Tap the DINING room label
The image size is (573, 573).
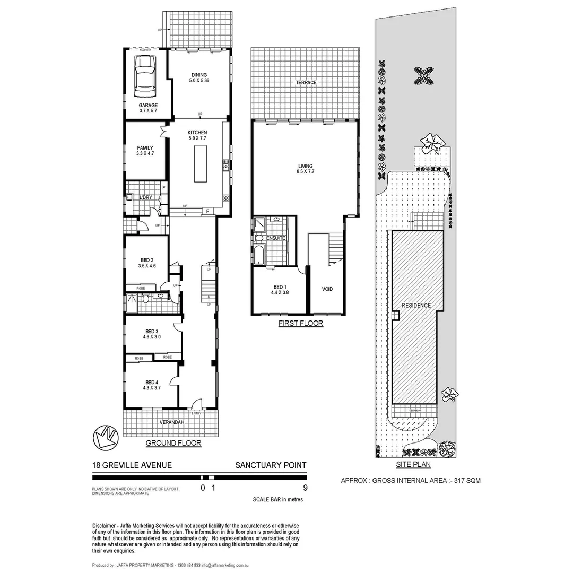click(199, 75)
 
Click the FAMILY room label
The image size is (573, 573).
click(145, 148)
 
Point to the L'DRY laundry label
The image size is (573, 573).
click(146, 197)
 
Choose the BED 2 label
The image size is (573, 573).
click(146, 259)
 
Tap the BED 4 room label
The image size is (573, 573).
click(151, 382)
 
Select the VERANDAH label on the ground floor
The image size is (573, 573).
click(171, 422)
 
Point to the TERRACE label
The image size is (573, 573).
click(306, 82)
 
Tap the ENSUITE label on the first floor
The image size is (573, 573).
click(276, 238)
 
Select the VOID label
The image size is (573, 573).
click(327, 289)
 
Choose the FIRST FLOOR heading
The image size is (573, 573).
click(300, 323)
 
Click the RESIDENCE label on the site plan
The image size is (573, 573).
click(416, 306)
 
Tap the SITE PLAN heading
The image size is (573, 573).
click(413, 465)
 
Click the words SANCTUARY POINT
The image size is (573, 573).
click(271, 465)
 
